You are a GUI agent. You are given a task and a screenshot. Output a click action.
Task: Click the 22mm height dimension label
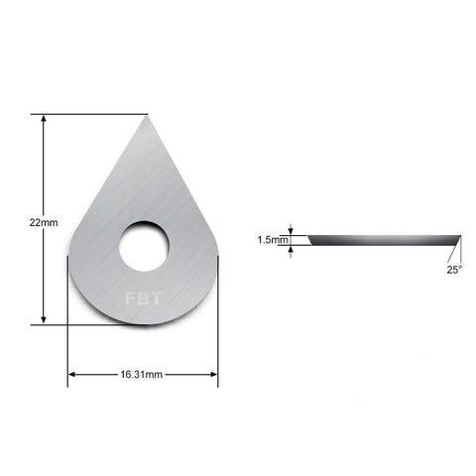click(44, 222)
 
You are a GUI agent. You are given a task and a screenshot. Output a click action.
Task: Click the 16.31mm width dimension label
click(141, 375)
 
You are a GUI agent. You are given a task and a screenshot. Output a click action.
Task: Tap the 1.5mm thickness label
click(273, 240)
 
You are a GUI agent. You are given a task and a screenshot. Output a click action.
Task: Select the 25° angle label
click(454, 270)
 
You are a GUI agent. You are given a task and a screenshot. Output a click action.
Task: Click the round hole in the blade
click(144, 246)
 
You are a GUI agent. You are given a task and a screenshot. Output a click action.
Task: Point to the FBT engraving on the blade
click(143, 298)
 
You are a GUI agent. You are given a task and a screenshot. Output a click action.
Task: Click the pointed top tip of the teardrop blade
click(146, 117)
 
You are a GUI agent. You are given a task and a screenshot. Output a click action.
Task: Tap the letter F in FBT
click(130, 298)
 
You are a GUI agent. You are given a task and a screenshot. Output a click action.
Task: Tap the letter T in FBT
click(155, 298)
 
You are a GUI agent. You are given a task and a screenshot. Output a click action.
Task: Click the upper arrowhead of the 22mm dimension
click(44, 119)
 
